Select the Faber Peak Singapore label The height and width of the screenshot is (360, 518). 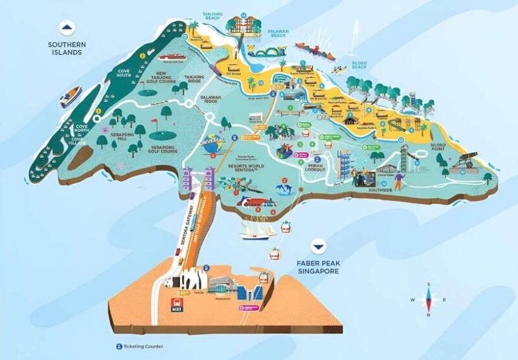tap(319, 266)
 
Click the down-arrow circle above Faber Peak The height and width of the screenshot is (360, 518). tap(318, 247)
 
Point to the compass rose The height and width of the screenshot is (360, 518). tap(427, 299)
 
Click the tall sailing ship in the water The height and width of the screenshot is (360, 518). tap(254, 230)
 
